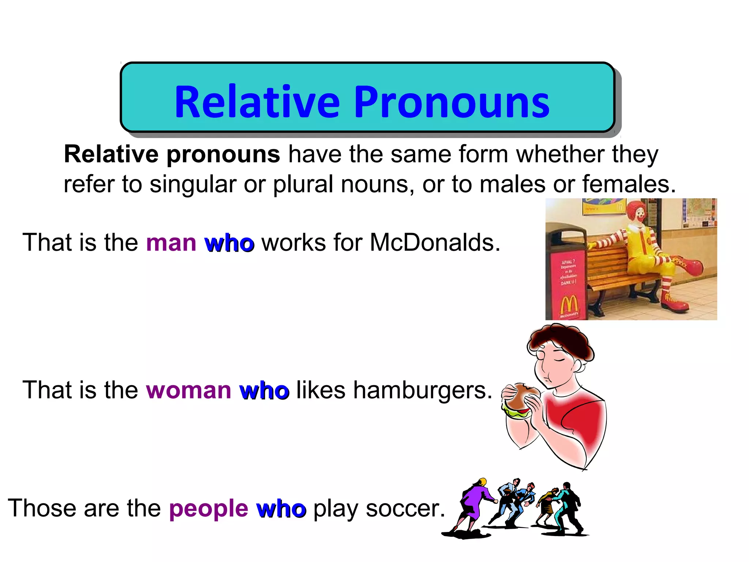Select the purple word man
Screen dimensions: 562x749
click(x=171, y=243)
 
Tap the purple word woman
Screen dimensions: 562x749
click(x=188, y=390)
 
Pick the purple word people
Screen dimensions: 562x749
click(x=208, y=509)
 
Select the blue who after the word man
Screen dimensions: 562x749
click(x=230, y=243)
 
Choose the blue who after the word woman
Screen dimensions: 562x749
click(x=264, y=390)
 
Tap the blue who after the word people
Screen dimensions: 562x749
click(x=281, y=509)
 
